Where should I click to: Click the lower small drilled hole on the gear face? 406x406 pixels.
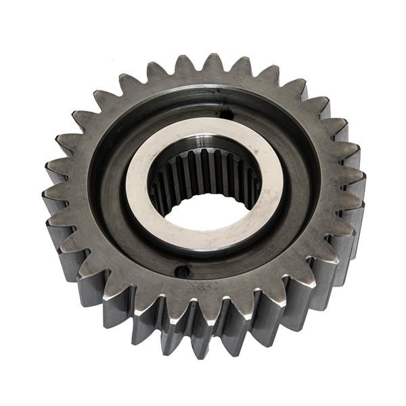(181, 272)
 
